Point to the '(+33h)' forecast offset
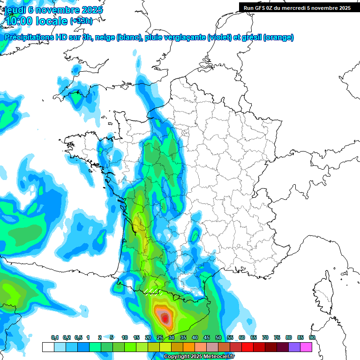[81, 21]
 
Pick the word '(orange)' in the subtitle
[279, 37]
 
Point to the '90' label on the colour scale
[312, 337]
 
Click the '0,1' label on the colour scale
[54, 337]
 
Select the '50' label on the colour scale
[218, 337]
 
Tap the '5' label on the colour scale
[112, 337]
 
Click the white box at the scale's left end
[48, 347]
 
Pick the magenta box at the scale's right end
[306, 347]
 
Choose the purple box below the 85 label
[294, 347]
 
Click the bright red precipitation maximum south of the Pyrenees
[165, 319]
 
